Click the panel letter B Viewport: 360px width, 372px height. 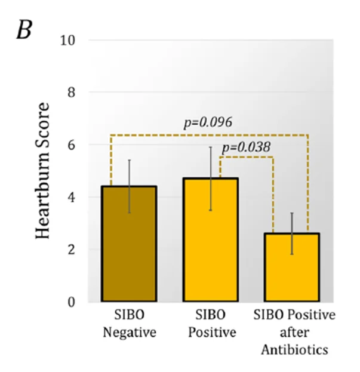(24, 30)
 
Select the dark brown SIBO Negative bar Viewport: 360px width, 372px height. (129, 244)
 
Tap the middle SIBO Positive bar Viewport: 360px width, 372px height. (210, 239)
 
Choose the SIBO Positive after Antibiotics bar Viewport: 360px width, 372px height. (292, 268)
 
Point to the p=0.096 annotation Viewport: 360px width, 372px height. (208, 123)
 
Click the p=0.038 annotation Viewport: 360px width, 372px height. (246, 147)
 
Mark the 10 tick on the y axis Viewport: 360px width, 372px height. (67, 41)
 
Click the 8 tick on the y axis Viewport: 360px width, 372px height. (71, 93)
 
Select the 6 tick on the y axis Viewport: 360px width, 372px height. (71, 145)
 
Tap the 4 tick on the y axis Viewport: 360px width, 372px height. (71, 197)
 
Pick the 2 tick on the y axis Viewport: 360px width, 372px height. (71, 250)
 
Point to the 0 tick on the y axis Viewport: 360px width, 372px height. (71, 302)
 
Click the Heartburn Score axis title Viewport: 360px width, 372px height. (43, 171)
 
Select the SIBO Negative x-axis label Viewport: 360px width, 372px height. (130, 324)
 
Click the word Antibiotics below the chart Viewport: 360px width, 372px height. (294, 350)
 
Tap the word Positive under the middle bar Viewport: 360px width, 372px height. (213, 332)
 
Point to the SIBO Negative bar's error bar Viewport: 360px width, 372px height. (129, 186)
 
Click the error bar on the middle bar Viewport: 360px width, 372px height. (210, 179)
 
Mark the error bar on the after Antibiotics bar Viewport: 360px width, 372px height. (292, 233)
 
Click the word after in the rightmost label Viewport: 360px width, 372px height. (294, 332)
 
